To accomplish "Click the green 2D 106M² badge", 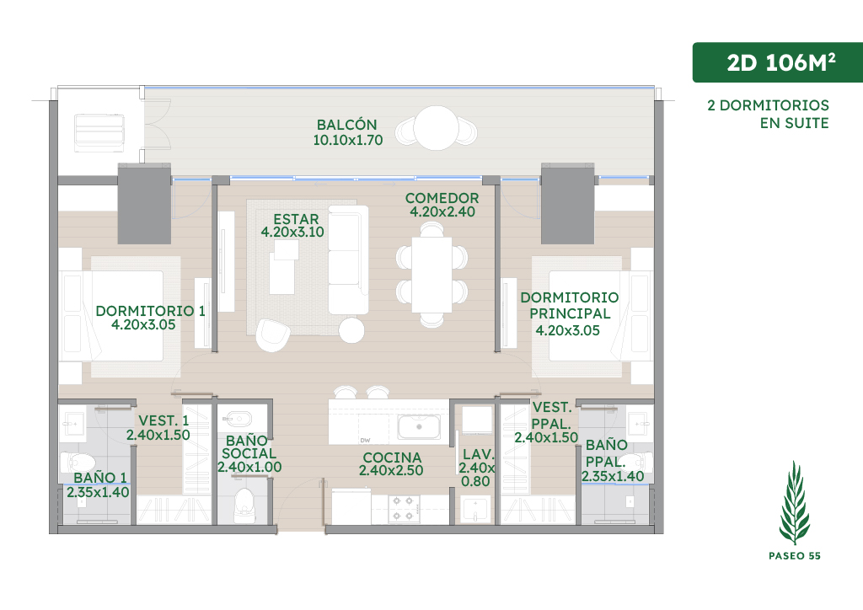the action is tap(777, 62).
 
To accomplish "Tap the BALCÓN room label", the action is tap(346, 125).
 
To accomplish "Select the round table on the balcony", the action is tap(436, 127).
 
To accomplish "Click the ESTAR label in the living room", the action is tap(296, 219).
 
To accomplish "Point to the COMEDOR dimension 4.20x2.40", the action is tap(442, 211).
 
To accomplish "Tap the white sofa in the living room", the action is tap(348, 260).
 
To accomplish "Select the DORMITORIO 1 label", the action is tap(150, 311).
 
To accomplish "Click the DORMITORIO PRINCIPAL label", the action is tap(570, 305).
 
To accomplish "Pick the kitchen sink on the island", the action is tap(419, 427).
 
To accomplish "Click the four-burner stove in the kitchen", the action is tap(402, 508).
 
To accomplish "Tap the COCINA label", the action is tap(392, 457).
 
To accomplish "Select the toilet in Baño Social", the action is tap(244, 505).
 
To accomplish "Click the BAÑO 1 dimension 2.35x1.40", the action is tap(98, 492).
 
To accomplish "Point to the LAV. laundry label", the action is tap(479, 454).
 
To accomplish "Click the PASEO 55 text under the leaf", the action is tap(794, 555).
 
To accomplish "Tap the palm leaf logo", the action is tap(794, 502).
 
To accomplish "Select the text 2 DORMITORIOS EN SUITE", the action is tap(769, 114).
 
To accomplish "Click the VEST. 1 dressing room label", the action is tap(163, 420).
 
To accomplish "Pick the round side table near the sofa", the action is tap(351, 330).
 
